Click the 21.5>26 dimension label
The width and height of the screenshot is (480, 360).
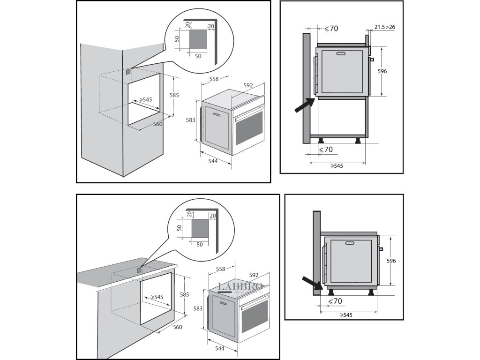click(385, 27)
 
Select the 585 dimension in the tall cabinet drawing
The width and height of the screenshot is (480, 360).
click(174, 95)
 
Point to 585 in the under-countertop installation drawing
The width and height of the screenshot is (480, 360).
click(185, 295)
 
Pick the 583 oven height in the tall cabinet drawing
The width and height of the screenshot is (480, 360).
click(190, 120)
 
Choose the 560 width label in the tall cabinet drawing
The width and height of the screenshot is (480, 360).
click(157, 124)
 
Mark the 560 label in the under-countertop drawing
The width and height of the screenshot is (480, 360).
click(178, 327)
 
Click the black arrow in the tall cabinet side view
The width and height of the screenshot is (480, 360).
click(304, 105)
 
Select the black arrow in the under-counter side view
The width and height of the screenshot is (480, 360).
click(311, 283)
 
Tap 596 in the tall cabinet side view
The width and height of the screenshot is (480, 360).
click(382, 71)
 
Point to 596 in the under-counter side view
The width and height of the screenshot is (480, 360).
click(391, 261)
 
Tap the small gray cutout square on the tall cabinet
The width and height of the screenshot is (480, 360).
click(128, 72)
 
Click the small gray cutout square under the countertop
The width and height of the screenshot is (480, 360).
click(139, 270)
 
